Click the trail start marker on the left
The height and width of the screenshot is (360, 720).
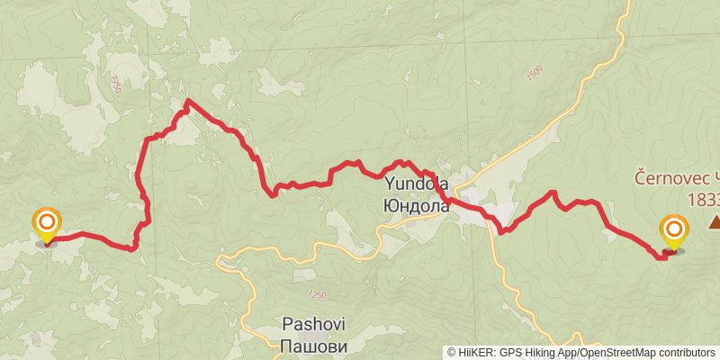click(46, 224)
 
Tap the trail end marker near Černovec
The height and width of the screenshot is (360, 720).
click(673, 232)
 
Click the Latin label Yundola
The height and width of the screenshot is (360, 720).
click(417, 184)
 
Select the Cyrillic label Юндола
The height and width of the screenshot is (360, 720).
click(417, 206)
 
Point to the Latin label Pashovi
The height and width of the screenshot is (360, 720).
click(314, 324)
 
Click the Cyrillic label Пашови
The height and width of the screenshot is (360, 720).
click(314, 345)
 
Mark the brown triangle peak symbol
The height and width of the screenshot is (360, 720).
click(714, 220)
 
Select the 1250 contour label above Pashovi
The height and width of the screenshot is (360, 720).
click(317, 293)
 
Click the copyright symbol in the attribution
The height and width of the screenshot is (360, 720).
click(451, 352)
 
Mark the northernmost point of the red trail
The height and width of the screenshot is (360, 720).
click(186, 101)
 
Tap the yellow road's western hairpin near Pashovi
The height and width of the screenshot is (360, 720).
click(220, 262)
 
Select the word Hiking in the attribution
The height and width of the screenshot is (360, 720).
click(543, 352)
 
